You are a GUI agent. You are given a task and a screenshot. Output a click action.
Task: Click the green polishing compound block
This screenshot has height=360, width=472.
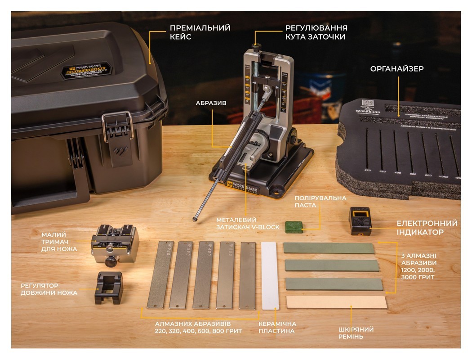click(294, 225)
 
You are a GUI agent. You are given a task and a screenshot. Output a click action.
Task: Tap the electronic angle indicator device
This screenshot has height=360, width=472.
click(360, 221)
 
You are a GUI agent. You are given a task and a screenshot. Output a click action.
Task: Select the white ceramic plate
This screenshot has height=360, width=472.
click(270, 275)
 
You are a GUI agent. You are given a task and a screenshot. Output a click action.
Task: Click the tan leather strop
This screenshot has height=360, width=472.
click(336, 302)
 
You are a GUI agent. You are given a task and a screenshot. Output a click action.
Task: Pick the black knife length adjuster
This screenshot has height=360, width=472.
click(108, 288)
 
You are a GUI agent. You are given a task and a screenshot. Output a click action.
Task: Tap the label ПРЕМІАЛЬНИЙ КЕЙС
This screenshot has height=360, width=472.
click(200, 32)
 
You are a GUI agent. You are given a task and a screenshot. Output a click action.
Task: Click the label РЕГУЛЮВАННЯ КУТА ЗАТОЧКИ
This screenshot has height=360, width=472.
click(316, 32)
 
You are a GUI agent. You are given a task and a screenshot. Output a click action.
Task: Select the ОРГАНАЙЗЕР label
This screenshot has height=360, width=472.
click(397, 69)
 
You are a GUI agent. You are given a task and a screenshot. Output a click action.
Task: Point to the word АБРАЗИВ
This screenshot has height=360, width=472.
click(211, 103)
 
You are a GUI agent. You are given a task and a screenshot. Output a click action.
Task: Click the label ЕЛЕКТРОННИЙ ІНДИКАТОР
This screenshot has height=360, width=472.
click(427, 228)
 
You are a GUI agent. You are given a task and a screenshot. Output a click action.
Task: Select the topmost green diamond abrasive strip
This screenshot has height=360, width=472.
click(329, 248)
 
